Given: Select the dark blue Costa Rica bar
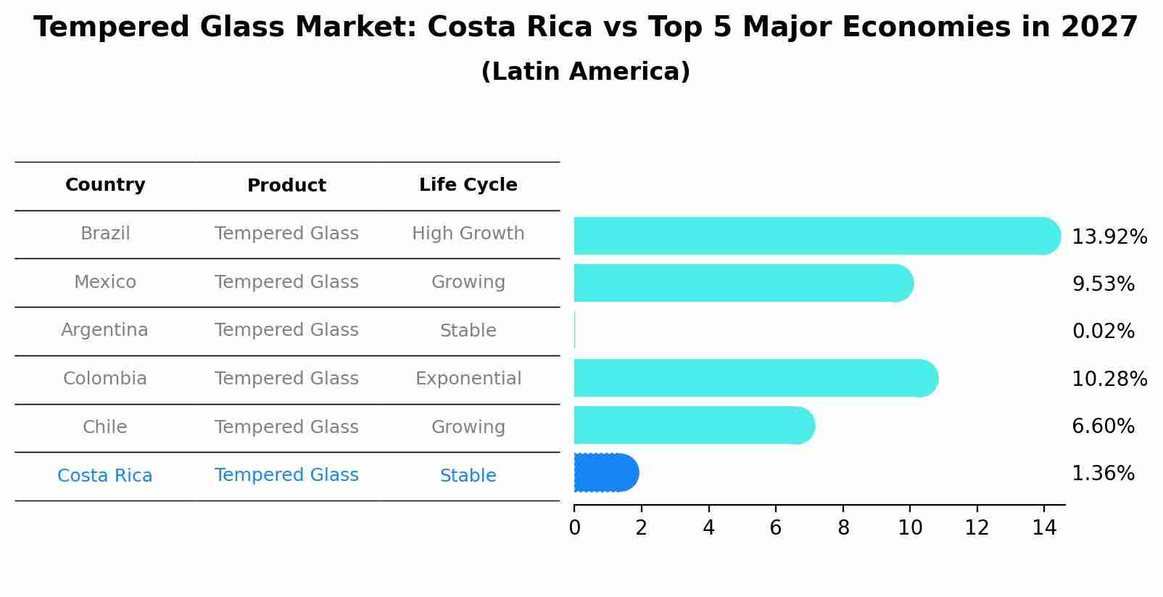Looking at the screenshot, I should (605, 473).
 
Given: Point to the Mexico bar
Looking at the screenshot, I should (743, 283).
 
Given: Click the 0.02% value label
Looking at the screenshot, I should (1103, 332).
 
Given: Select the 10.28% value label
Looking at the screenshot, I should (1109, 379).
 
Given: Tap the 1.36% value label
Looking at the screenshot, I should (1103, 474).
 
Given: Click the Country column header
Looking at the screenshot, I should (105, 185).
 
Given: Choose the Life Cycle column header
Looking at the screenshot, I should (468, 185).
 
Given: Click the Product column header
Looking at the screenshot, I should (286, 186).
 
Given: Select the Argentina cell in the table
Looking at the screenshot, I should (104, 330).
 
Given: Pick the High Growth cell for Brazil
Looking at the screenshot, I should (468, 234).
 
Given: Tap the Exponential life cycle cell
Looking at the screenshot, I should (468, 379).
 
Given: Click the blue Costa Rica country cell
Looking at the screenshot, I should (104, 476).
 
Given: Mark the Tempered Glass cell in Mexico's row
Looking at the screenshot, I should (286, 282).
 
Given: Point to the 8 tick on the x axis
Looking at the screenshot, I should (843, 528).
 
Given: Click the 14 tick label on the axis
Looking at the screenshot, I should (1044, 528).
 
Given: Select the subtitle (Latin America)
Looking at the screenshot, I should (585, 72).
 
